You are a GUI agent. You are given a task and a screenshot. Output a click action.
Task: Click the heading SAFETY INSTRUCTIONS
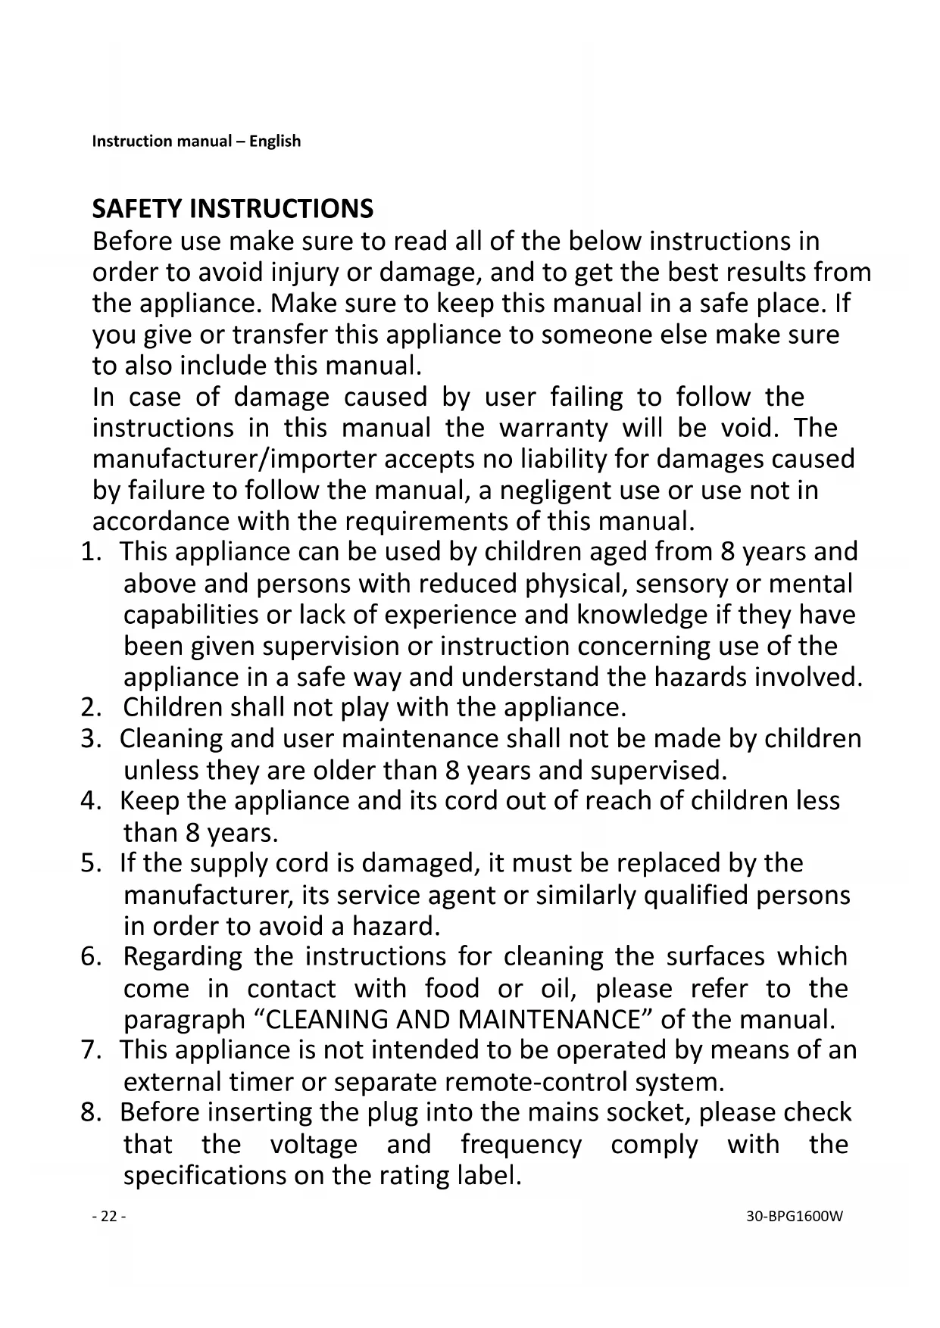coord(233,208)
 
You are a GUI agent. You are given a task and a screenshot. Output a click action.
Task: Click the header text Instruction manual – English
coord(196,142)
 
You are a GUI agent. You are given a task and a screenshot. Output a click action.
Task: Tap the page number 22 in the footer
coord(109,1217)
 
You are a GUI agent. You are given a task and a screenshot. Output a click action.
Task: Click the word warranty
coord(553,429)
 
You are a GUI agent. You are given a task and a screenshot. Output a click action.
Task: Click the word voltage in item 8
coord(314,1144)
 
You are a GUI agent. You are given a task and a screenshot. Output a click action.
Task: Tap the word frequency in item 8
coord(521,1144)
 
